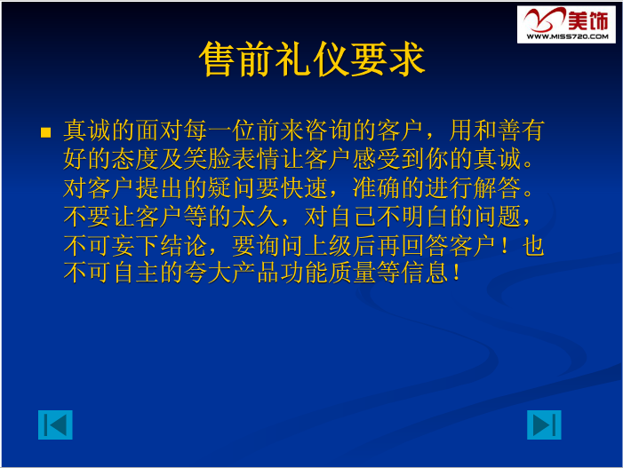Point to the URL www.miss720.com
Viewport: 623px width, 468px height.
[566, 37]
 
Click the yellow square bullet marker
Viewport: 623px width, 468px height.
[47, 133]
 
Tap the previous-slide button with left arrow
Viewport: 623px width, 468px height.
[55, 425]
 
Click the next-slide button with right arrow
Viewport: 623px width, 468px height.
[544, 425]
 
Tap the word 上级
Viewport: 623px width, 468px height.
[357, 245]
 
